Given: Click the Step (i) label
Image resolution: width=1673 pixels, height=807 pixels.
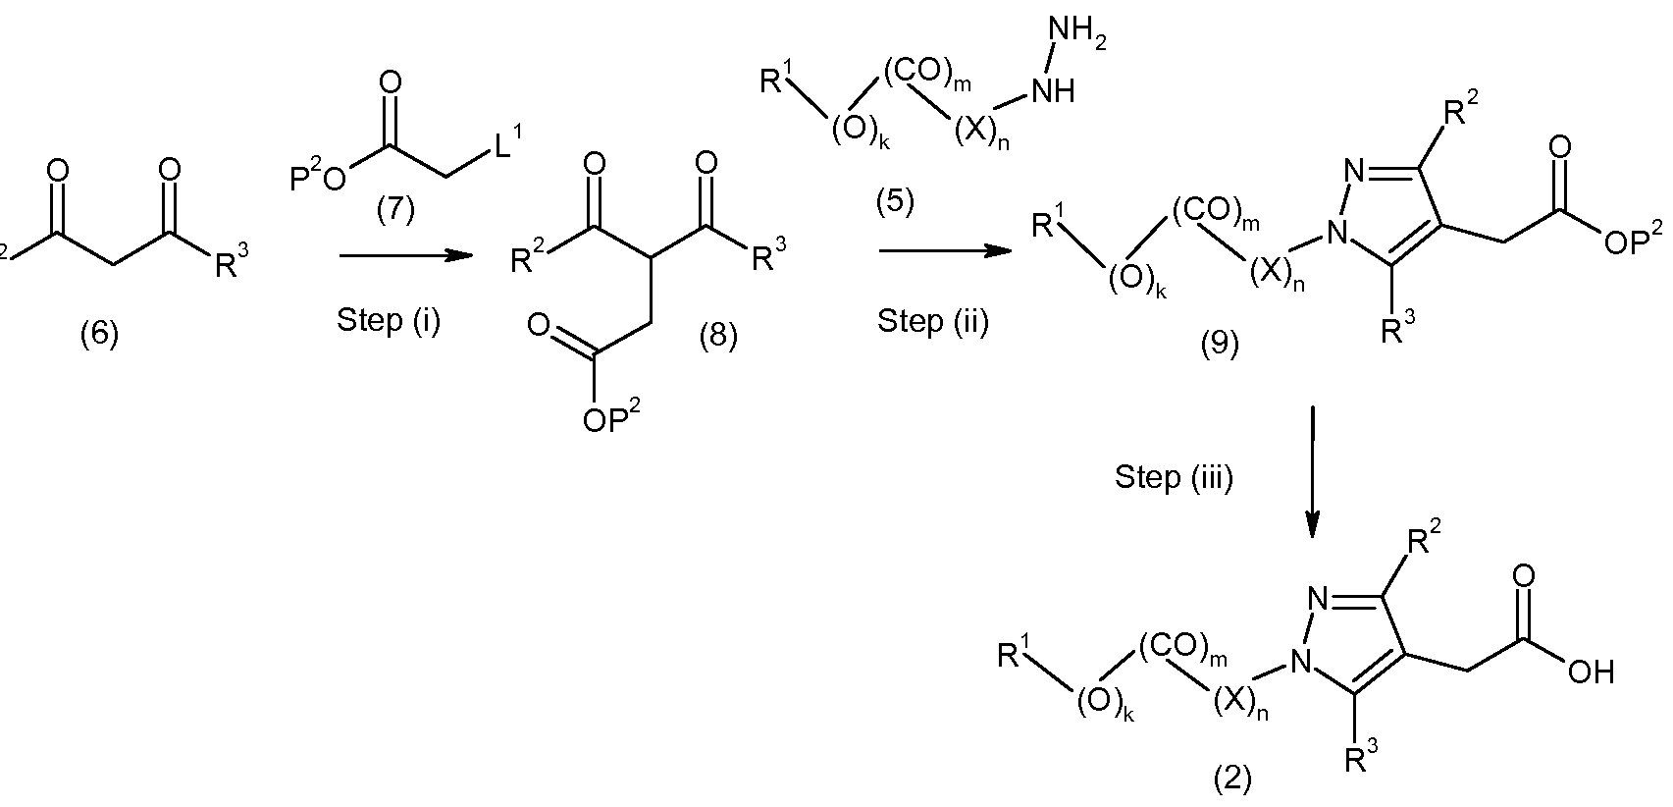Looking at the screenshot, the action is (389, 321).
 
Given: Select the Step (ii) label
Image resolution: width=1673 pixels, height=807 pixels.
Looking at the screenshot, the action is (933, 321).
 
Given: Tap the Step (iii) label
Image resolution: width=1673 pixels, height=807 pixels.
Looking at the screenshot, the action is (1175, 477).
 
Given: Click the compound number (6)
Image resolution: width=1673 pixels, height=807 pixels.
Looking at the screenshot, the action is (99, 335).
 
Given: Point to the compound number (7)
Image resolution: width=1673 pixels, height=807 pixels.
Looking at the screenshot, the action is (395, 210).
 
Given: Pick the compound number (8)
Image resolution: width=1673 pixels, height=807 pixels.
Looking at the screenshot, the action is (717, 336).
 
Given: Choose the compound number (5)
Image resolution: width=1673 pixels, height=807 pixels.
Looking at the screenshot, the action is (895, 202).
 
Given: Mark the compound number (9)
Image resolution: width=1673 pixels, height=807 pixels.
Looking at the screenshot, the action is (1219, 344).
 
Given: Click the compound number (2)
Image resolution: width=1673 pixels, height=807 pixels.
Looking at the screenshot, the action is (1231, 780).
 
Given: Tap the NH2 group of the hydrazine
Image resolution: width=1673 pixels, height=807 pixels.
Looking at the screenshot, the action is (1077, 33).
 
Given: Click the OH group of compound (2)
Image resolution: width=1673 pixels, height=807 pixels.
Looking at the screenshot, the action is (1591, 672).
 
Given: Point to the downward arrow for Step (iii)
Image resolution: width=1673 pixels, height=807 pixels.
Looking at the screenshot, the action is (1312, 472).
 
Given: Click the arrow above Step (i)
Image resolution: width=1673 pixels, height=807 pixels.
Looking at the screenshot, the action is (406, 256).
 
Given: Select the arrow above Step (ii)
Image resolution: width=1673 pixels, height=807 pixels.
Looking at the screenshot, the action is (946, 251).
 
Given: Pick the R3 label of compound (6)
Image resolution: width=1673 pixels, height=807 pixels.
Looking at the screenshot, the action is (233, 260).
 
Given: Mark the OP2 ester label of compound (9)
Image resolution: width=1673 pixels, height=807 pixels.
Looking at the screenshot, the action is (1633, 240).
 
